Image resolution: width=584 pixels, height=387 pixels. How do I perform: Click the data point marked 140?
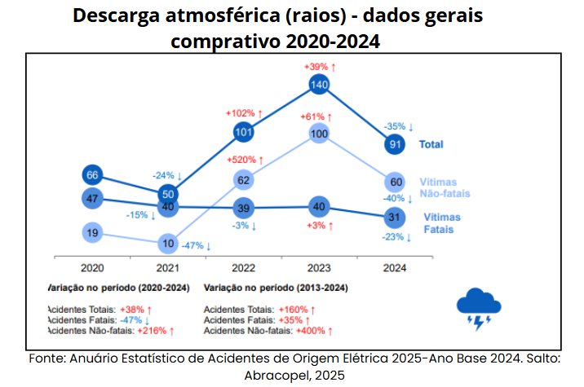click(x=319, y=84)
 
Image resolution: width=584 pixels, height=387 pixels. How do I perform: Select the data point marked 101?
click(x=243, y=131)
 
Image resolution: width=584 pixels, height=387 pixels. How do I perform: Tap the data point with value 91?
click(x=395, y=144)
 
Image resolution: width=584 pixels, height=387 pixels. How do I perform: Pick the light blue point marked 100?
click(x=319, y=134)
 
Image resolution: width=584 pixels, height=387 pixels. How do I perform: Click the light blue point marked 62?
click(x=243, y=179)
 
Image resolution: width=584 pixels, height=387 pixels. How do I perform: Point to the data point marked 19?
click(x=92, y=233)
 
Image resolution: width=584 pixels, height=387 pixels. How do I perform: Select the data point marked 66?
click(x=92, y=174)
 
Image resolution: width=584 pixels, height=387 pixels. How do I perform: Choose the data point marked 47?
click(x=92, y=198)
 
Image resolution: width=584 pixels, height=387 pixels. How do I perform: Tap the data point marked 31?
click(x=395, y=217)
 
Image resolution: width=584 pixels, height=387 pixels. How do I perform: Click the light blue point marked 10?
click(x=168, y=243)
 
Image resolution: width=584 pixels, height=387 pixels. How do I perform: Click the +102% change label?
click(x=244, y=113)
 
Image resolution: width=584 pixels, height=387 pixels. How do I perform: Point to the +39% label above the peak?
click(x=318, y=66)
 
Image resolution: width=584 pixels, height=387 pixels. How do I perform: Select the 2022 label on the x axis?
click(x=243, y=267)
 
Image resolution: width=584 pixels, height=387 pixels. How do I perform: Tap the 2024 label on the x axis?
click(x=395, y=267)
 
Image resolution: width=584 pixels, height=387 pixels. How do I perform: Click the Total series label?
click(x=431, y=144)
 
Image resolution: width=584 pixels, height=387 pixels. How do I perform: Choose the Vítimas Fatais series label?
click(x=442, y=223)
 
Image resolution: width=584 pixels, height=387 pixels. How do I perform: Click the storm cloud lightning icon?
click(x=478, y=309)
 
